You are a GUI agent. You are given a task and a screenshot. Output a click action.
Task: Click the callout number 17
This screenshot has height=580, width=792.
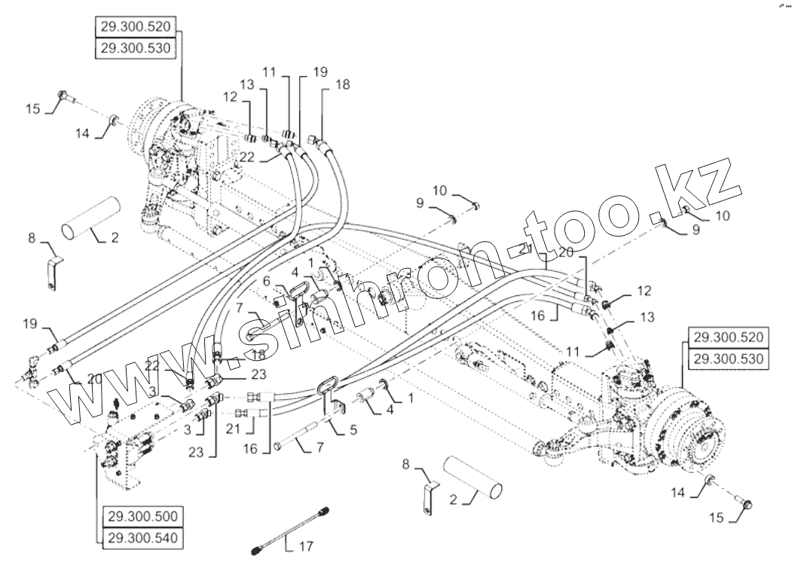[x=305, y=545]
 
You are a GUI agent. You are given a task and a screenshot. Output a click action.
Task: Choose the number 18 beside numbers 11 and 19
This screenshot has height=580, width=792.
[x=342, y=85]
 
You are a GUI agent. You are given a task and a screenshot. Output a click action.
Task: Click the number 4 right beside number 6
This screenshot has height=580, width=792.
[x=295, y=270]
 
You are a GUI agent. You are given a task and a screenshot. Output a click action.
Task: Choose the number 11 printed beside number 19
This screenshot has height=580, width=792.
[x=271, y=72]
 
